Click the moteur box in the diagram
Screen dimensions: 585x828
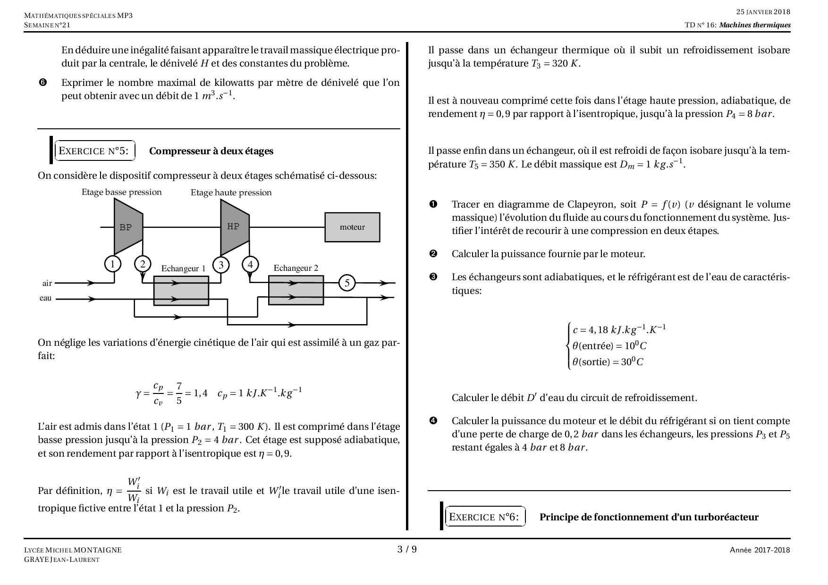click(x=352, y=227)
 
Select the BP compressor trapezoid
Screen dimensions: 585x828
click(x=127, y=227)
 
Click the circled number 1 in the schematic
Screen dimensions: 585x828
click(x=112, y=264)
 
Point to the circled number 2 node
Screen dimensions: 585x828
click(x=143, y=264)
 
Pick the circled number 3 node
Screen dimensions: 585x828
click(x=221, y=265)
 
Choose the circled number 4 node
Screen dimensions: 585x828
click(x=250, y=264)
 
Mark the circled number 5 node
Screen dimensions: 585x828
click(x=347, y=283)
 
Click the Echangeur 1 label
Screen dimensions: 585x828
click(x=183, y=268)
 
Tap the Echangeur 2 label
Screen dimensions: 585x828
click(x=296, y=268)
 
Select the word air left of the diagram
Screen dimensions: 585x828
click(x=47, y=283)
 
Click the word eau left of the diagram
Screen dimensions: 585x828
click(x=45, y=298)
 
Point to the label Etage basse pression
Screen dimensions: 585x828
click(x=121, y=192)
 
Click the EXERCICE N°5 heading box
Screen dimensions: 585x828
click(x=94, y=151)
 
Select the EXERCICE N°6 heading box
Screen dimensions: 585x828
click(x=485, y=517)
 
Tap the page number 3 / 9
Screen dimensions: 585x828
click(x=407, y=549)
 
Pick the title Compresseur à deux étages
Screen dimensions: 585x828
click(x=211, y=151)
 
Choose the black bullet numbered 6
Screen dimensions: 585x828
click(x=42, y=83)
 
